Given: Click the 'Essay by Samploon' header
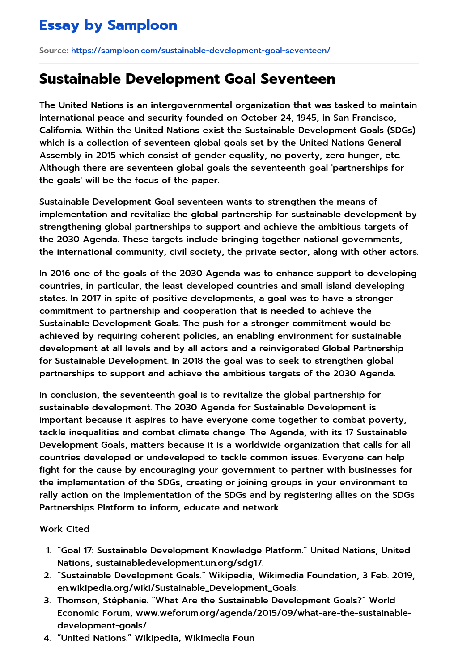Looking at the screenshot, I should click(x=108, y=25).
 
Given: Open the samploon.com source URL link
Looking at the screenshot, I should click(x=200, y=51).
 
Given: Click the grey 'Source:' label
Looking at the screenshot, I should click(x=54, y=51).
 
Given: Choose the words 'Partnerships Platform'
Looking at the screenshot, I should click(x=87, y=508).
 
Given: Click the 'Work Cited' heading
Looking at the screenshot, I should click(x=64, y=529).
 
